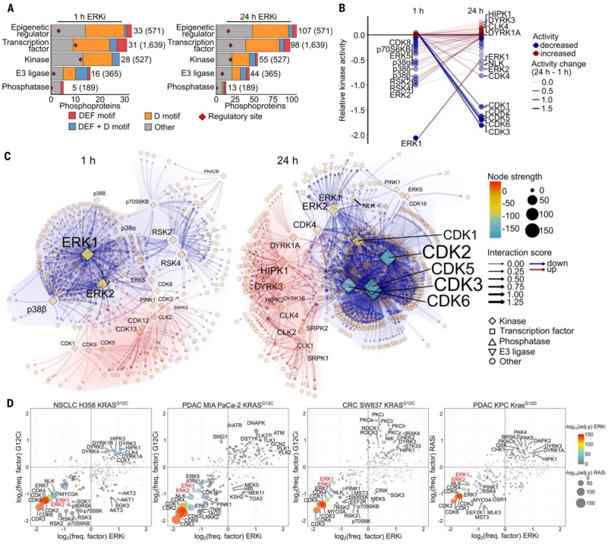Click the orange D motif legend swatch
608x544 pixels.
point(148,115)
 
